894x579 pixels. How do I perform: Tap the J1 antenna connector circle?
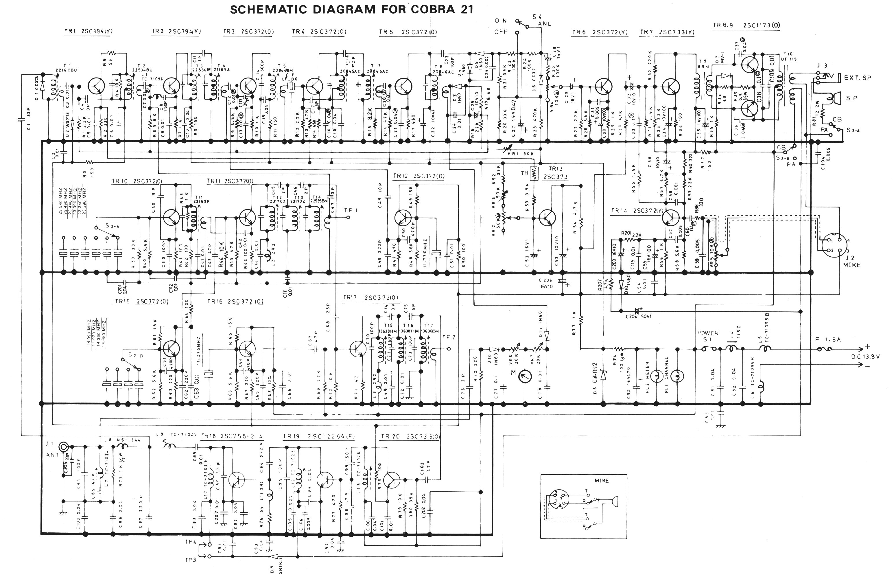(64, 446)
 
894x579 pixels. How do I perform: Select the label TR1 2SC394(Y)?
(89, 32)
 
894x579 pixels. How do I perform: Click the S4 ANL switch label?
(541, 20)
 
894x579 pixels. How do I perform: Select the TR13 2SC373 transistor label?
(558, 173)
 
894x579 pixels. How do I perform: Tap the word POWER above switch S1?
(708, 333)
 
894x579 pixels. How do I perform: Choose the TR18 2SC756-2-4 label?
(232, 436)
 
